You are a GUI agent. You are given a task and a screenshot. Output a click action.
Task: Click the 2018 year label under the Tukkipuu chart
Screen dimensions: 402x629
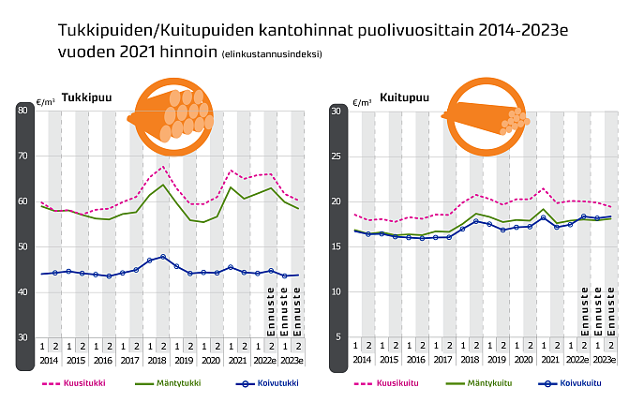pos(157,360)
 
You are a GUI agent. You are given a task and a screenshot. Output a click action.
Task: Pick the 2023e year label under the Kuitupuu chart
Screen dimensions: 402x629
pos(605,360)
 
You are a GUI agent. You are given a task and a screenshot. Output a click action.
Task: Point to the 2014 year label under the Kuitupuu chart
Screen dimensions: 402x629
pos(361,360)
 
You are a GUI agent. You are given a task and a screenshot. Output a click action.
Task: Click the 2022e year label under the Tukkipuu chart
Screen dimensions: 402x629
pos(265,360)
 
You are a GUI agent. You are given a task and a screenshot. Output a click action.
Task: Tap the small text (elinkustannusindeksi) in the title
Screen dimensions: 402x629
pos(272,53)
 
